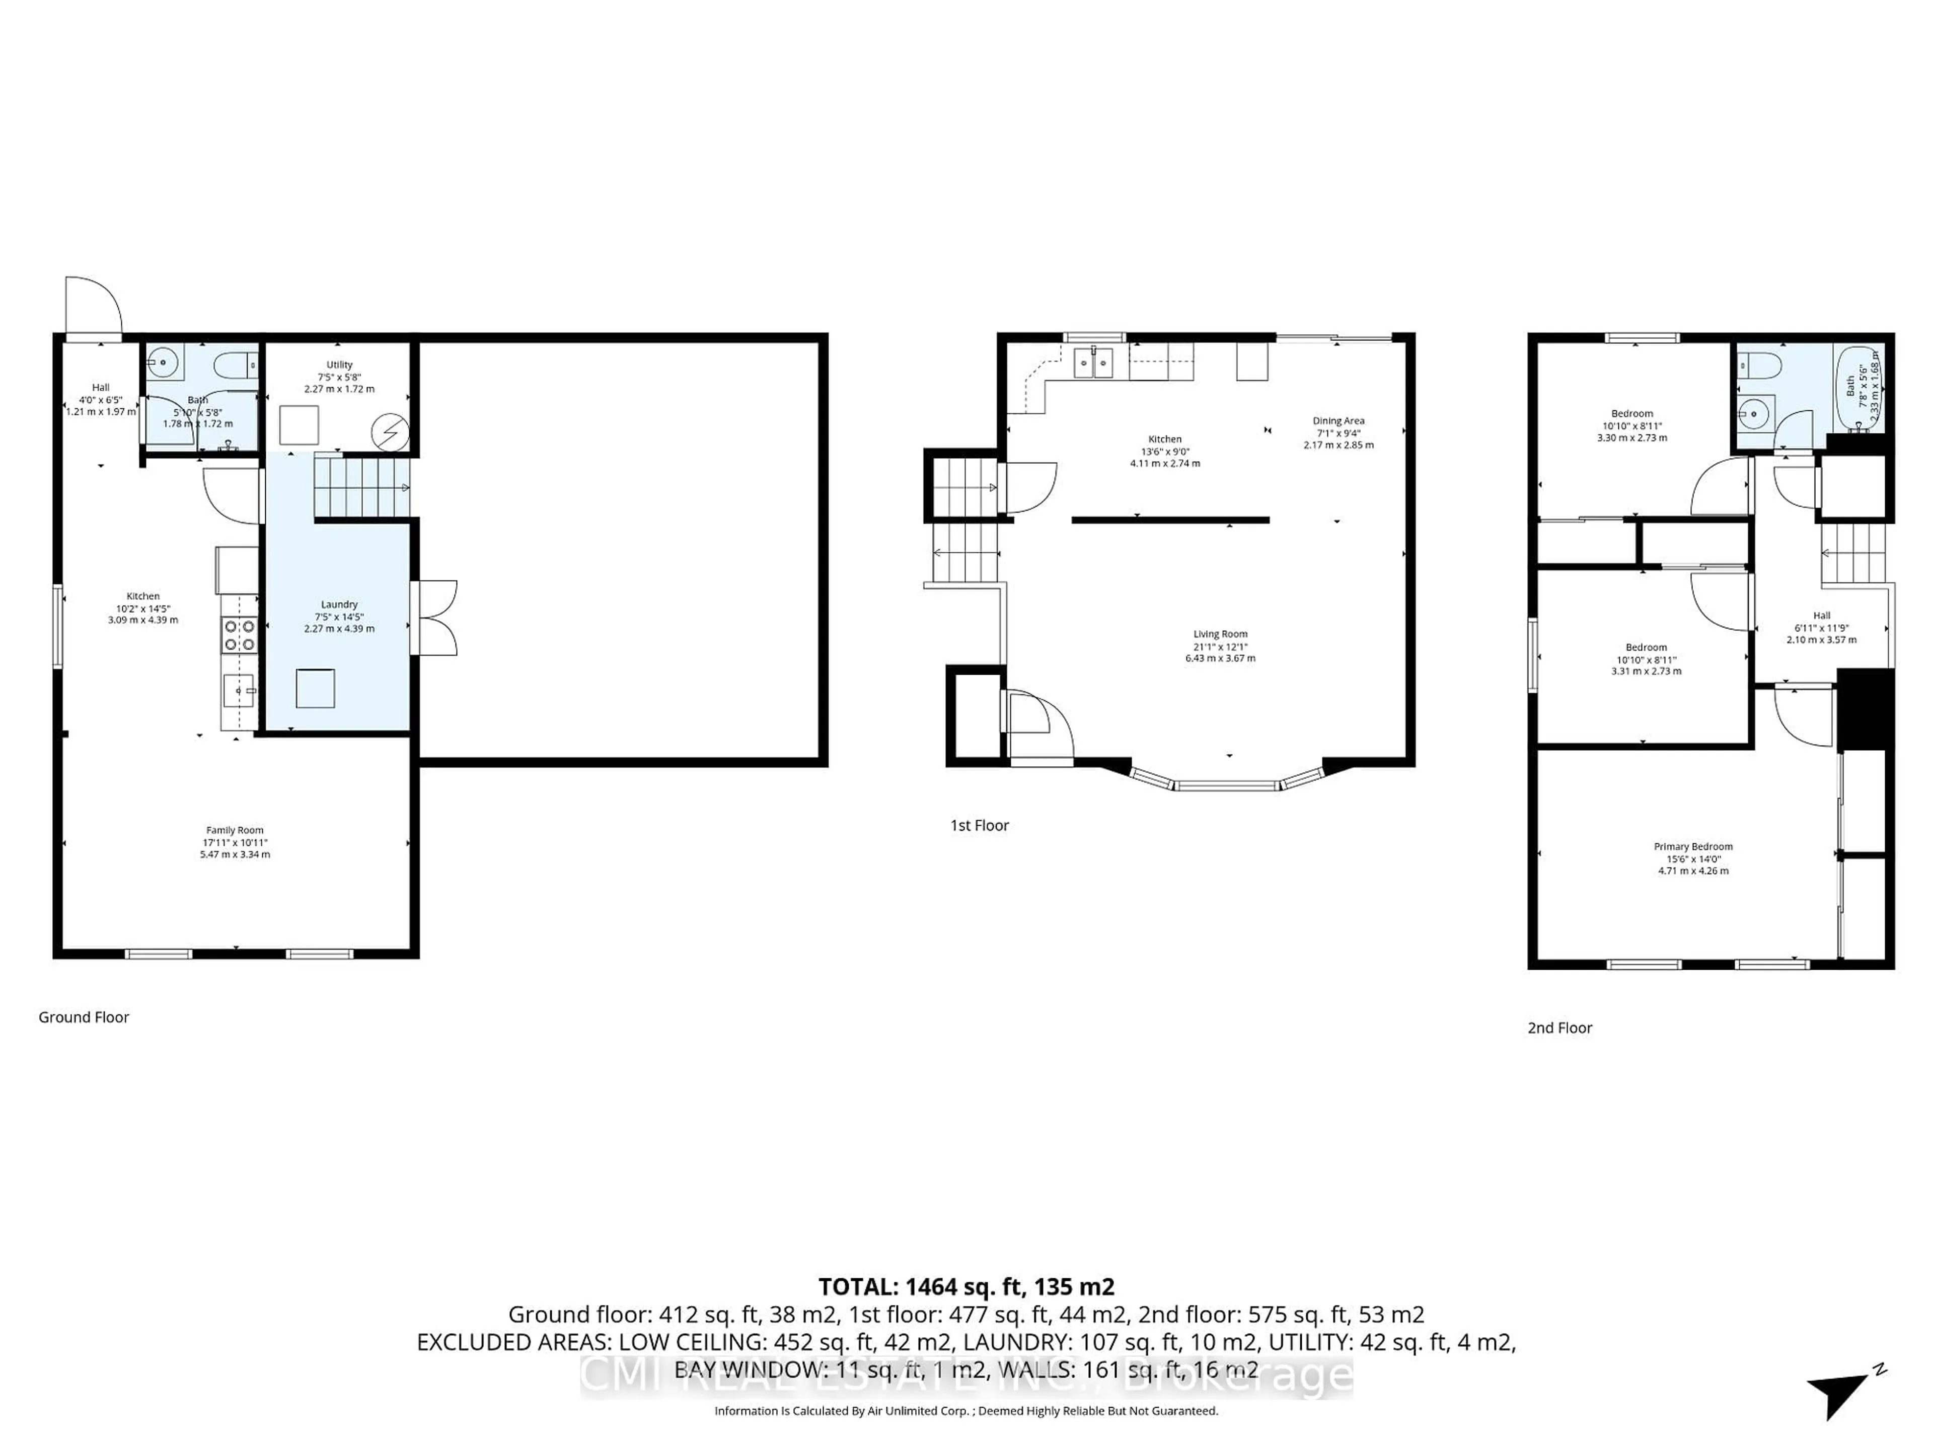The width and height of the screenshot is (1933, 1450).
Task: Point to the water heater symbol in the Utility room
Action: [x=390, y=432]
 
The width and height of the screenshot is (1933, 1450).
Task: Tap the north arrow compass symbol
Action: [x=1841, y=1400]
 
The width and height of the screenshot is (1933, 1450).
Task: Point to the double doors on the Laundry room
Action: [x=434, y=618]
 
